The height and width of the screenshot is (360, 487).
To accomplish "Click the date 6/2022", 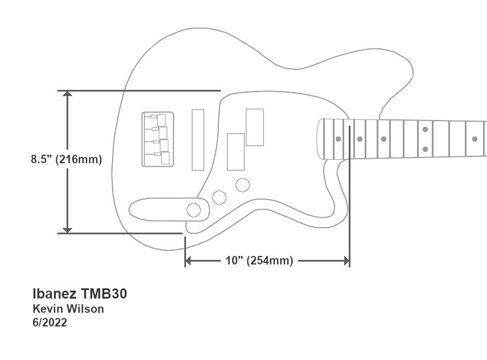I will (50, 323).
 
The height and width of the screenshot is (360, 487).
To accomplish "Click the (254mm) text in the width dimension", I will (270, 261).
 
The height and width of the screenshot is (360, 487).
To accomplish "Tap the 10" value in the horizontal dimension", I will (234, 261).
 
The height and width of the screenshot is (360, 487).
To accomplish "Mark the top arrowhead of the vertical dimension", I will (68, 95).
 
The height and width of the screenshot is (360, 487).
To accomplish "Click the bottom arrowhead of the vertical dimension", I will (68, 229).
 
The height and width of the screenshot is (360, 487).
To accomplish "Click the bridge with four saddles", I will (158, 139).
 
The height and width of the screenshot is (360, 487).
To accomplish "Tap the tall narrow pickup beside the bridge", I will (198, 139).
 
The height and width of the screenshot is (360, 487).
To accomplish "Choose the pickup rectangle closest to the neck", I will (255, 126).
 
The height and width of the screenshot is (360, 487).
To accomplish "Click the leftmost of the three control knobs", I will (194, 210).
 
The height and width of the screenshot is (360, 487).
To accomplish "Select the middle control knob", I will (218, 197).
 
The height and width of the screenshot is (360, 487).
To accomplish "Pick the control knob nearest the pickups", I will (243, 184).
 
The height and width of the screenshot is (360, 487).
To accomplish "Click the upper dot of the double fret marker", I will (426, 130).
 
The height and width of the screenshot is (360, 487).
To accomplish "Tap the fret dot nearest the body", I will (338, 139).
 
